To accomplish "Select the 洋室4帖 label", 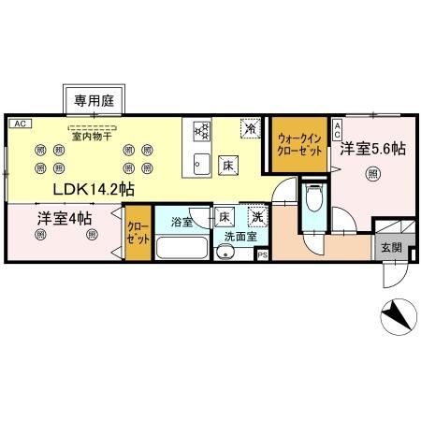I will click(x=65, y=219).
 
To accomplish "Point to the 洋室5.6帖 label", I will click(x=372, y=148).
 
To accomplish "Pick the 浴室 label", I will click(x=182, y=222).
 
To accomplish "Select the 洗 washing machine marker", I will click(x=255, y=219).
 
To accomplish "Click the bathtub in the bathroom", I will click(x=182, y=249).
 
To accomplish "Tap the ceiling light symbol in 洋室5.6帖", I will click(x=373, y=173).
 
